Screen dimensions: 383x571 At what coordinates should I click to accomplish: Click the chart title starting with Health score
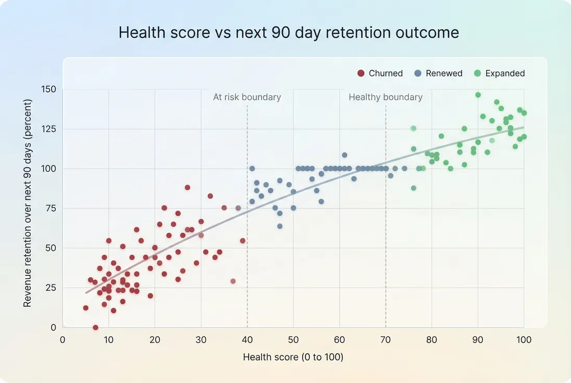[289, 33]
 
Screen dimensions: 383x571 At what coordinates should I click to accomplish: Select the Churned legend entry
[380, 73]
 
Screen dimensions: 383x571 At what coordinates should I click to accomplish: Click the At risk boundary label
[247, 97]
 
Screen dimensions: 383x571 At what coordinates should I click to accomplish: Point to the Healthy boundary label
[386, 97]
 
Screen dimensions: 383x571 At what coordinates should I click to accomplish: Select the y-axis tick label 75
[50, 208]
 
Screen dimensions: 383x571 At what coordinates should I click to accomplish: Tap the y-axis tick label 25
[50, 288]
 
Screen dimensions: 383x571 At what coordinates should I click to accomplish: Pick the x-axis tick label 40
[247, 340]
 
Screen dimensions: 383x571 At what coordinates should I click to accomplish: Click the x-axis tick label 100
[524, 340]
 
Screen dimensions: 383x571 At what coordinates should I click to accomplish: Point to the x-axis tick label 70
[386, 340]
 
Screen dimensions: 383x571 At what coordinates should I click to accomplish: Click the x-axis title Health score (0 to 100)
[293, 357]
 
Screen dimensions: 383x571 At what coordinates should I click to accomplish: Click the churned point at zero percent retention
[95, 327]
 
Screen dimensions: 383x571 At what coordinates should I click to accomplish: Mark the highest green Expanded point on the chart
[478, 95]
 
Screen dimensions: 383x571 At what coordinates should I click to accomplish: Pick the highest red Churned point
[188, 188]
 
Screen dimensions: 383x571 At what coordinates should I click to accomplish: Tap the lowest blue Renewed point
[280, 226]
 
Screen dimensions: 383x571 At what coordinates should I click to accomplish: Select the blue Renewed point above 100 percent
[344, 155]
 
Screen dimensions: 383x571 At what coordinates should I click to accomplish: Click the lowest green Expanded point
[414, 188]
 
